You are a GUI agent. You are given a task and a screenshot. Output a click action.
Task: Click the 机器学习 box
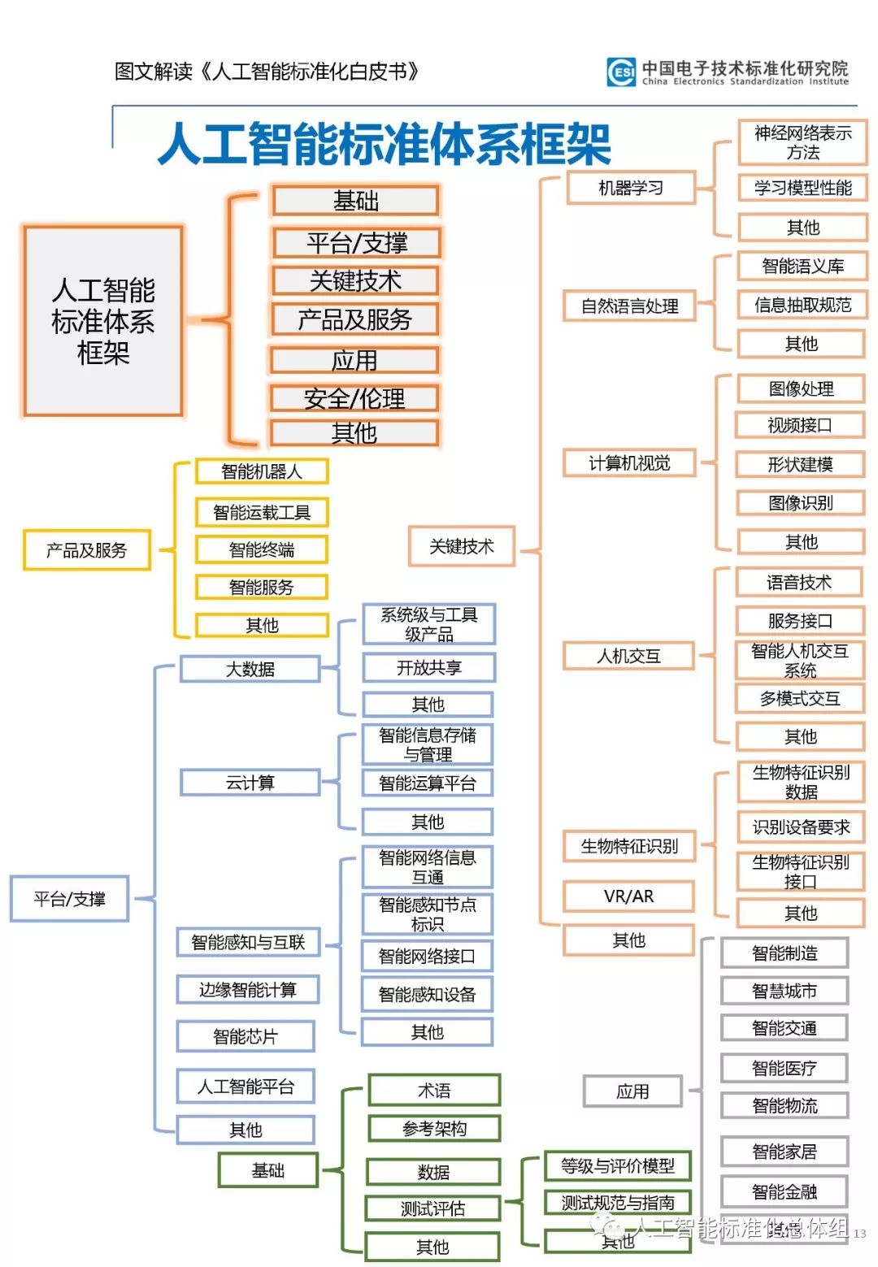[x=631, y=188]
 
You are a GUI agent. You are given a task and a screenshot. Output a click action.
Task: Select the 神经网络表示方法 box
[x=802, y=143]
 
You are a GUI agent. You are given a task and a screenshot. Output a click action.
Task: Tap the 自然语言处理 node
[x=629, y=306]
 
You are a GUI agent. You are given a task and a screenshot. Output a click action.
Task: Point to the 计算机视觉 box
[x=629, y=463]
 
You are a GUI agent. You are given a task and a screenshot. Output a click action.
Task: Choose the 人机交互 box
[x=628, y=656]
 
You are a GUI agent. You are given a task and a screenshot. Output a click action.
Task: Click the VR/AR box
[x=628, y=896]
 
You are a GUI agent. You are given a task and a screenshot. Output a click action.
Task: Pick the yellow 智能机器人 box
[x=262, y=471]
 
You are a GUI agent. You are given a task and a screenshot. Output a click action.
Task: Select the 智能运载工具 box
[x=262, y=513]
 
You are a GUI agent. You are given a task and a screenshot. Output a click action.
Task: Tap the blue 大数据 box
[x=250, y=669]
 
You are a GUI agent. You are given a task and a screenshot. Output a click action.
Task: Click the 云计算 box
[x=250, y=783]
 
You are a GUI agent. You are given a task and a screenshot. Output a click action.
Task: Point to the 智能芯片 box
[x=246, y=1037]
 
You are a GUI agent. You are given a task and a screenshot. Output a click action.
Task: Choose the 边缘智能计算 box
[x=248, y=990]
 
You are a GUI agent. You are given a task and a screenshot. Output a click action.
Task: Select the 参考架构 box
[x=434, y=1129]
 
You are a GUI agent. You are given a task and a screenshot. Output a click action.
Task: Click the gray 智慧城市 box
[x=785, y=991]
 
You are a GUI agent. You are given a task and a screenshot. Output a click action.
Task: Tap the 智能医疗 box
[x=785, y=1068]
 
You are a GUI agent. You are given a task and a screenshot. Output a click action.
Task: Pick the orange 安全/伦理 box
[x=354, y=398]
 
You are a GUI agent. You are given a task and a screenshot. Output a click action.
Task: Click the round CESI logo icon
[x=622, y=72]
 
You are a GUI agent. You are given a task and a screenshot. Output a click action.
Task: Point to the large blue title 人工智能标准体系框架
[x=383, y=145]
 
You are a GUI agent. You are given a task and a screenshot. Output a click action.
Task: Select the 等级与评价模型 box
[x=618, y=1166]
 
